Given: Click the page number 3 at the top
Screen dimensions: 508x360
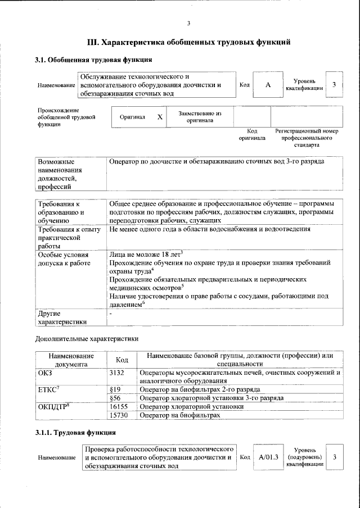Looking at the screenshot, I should (x=188, y=23).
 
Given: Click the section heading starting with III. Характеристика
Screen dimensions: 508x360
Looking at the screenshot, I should (x=188, y=42).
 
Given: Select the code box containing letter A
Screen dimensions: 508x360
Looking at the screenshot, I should (x=268, y=84).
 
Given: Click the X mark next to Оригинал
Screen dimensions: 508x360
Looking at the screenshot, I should (x=160, y=117).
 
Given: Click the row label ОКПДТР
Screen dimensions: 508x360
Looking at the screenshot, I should (x=53, y=406).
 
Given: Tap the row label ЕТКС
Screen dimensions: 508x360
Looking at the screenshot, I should (x=48, y=389).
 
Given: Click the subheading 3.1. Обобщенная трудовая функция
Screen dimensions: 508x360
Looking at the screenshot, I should (x=93, y=60).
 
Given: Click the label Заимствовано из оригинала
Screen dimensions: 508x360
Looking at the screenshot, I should (x=200, y=116).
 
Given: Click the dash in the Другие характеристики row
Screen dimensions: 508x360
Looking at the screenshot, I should (x=111, y=313).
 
